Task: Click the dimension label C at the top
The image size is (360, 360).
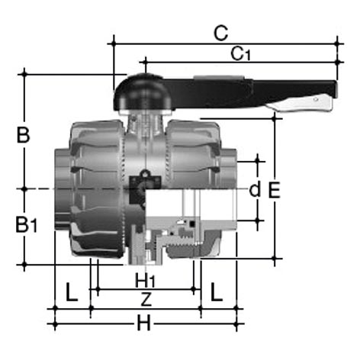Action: [220, 33]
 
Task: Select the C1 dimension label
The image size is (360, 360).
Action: [240, 54]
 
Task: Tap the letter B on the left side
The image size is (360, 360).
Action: [23, 135]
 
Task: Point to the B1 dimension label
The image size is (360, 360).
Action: [27, 224]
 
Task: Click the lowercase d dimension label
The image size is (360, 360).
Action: [255, 190]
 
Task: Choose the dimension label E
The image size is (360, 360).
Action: [275, 190]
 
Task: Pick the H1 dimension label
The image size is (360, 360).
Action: [145, 281]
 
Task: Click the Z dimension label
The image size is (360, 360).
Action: [146, 299]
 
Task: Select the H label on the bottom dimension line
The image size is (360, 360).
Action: [144, 323]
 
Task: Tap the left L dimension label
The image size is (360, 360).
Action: [72, 292]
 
